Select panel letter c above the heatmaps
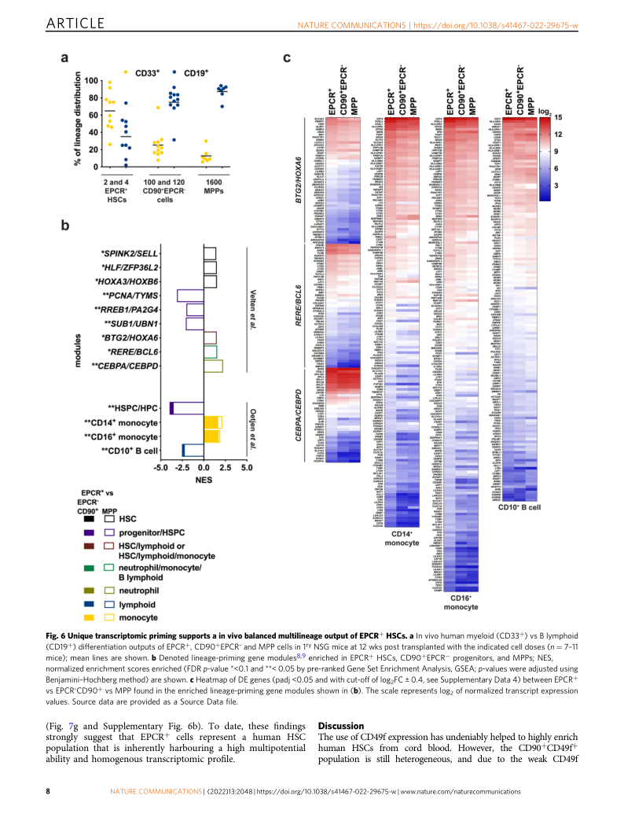click(x=288, y=57)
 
